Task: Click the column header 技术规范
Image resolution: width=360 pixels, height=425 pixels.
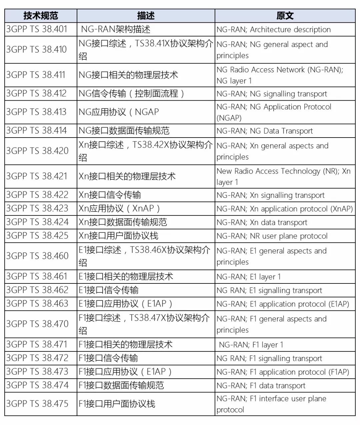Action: pyautogui.click(x=41, y=16)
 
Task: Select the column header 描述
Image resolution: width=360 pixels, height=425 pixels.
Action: pyautogui.click(x=146, y=16)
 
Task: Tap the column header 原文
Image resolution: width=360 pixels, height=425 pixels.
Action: pyautogui.click(x=285, y=16)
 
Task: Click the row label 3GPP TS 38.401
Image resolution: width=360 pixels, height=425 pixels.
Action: pyautogui.click(x=37, y=29)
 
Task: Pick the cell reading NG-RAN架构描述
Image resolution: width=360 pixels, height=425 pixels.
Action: pyautogui.click(x=116, y=29)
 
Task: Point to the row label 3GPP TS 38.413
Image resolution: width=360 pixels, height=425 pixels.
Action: pyautogui.click(x=37, y=112)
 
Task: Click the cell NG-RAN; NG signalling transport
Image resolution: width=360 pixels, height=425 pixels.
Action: pyautogui.click(x=272, y=94)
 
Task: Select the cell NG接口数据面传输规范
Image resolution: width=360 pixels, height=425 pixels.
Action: pyautogui.click(x=124, y=131)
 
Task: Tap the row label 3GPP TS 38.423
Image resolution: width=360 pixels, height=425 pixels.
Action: pyautogui.click(x=37, y=209)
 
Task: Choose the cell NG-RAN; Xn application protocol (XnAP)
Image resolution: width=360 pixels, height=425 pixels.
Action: pyautogui.click(x=284, y=209)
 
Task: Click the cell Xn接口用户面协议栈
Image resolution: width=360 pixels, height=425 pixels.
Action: pyautogui.click(x=118, y=236)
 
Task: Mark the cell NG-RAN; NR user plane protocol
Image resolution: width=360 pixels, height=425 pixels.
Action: pyautogui.click(x=272, y=236)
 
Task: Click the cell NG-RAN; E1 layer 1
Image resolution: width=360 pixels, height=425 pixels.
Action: pyautogui.click(x=249, y=277)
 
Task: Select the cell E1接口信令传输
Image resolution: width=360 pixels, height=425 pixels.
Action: pyautogui.click(x=108, y=290)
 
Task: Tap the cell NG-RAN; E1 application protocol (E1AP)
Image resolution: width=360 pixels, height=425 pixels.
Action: pyautogui.click(x=283, y=304)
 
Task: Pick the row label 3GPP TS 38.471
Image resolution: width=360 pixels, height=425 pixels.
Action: pyautogui.click(x=37, y=344)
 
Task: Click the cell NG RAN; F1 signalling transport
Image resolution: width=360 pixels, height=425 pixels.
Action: pyautogui.click(x=269, y=358)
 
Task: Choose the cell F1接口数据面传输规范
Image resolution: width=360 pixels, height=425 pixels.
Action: pyautogui.click(x=121, y=385)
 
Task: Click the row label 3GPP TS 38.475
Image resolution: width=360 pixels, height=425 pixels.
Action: pyautogui.click(x=37, y=404)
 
